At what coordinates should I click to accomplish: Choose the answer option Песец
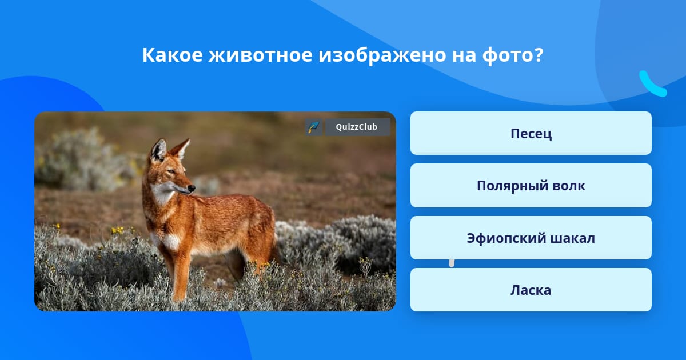point(531,134)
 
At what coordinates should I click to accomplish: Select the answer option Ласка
point(531,290)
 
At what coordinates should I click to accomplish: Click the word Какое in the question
point(172,55)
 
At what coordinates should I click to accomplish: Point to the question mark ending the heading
point(539,55)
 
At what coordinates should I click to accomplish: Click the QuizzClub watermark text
point(356,127)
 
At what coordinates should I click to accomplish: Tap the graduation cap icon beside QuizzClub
point(313,127)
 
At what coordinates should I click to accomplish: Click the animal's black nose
point(192,188)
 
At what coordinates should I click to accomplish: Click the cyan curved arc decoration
point(652,85)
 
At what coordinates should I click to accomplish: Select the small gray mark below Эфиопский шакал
point(452,263)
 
